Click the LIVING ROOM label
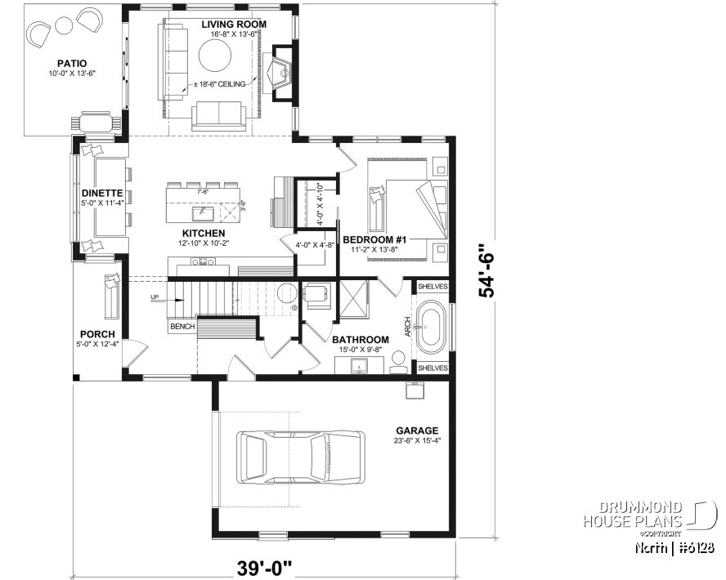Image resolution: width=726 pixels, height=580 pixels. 235,25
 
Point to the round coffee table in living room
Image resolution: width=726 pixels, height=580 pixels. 217,58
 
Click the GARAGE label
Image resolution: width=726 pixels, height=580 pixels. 417,431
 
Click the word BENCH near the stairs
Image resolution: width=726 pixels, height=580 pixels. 181,327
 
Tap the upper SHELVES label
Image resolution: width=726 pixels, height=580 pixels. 432,287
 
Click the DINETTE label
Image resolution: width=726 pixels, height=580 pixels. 101,194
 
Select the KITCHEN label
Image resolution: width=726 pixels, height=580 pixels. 204,233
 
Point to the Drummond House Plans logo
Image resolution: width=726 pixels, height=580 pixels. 646,515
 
